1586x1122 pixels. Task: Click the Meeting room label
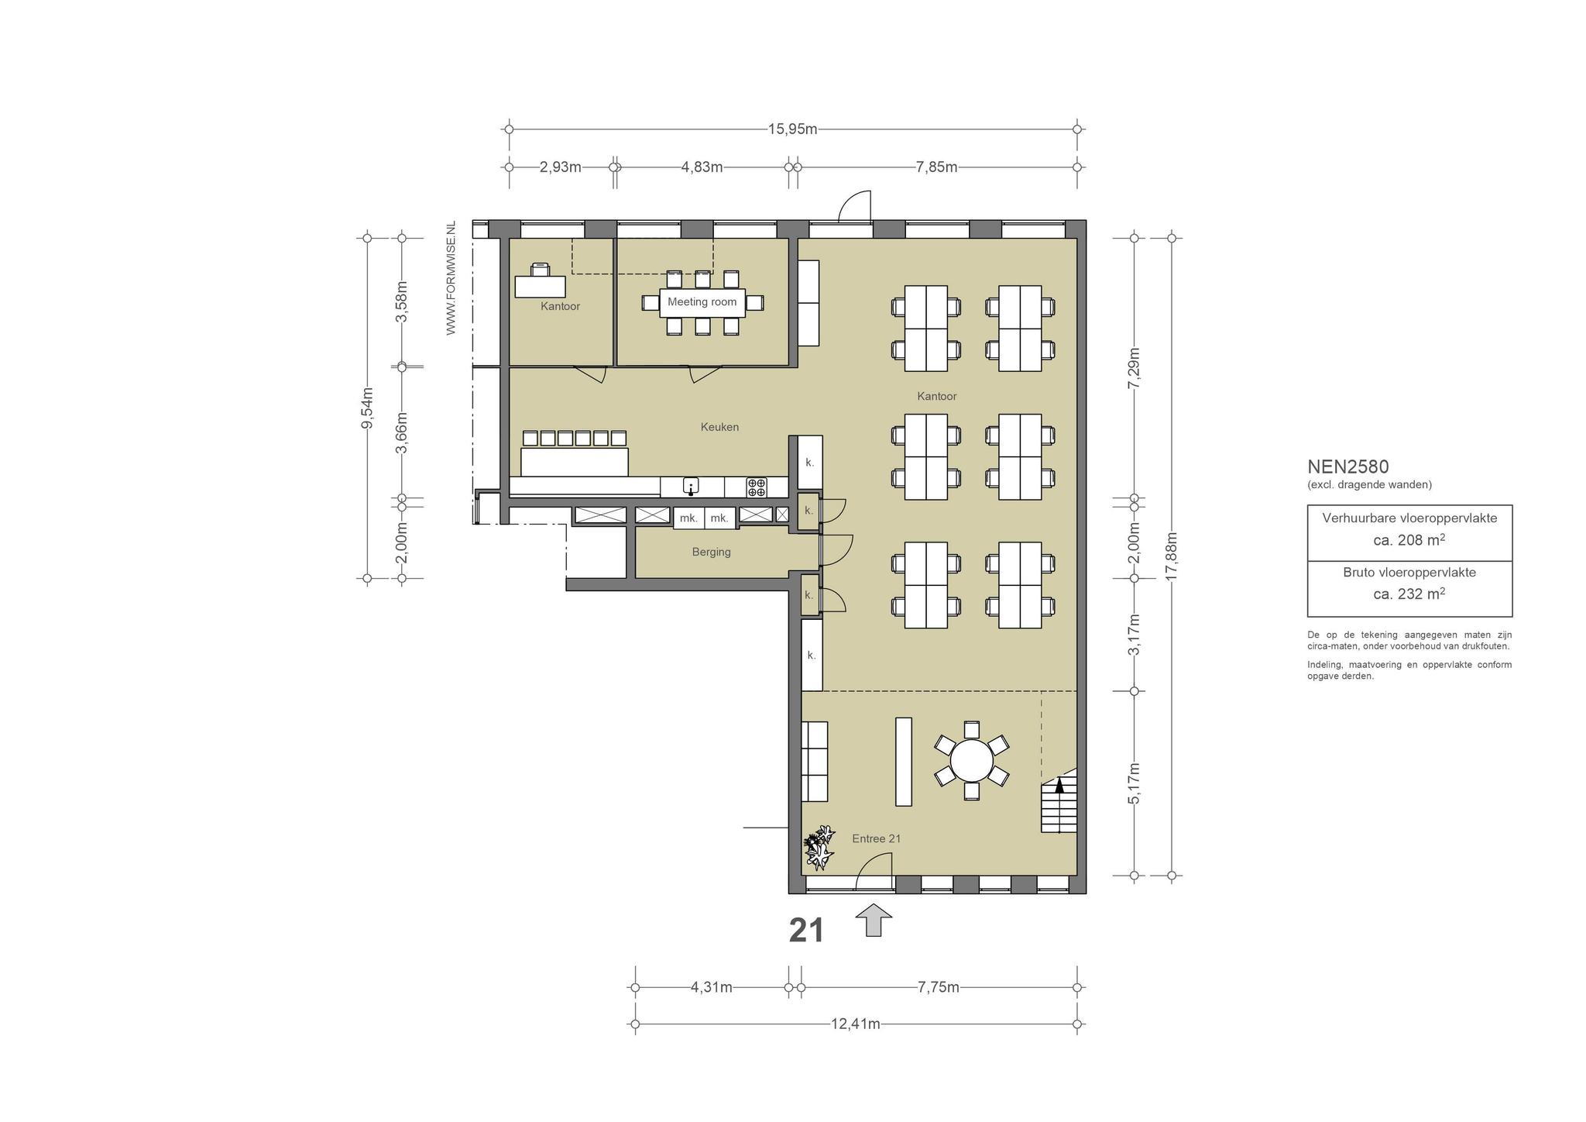pos(702,301)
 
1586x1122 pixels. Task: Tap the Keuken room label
pos(719,427)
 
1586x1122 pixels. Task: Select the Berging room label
pos(711,552)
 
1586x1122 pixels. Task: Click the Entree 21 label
pos(876,838)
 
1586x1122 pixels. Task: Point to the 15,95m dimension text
pos(792,129)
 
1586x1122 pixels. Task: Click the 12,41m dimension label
pos(855,1024)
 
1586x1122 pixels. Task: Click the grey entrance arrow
pos(874,920)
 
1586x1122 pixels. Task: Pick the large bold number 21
pos(806,931)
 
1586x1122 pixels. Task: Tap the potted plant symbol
pos(819,846)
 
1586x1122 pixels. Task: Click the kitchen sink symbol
pos(691,487)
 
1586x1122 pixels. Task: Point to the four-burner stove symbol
pos(757,487)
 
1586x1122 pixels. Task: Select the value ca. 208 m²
pos(1409,540)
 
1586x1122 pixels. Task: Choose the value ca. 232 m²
pos(1409,594)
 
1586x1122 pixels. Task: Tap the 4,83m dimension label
pos(702,167)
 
